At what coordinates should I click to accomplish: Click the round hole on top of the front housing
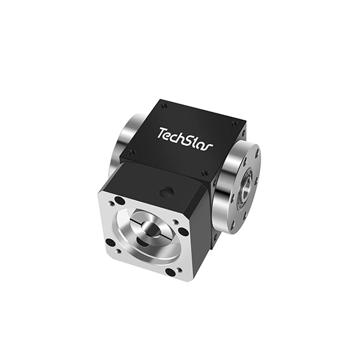coord(168,192)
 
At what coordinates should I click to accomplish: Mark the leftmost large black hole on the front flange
coord(110,242)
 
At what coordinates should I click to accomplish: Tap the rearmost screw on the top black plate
coord(164,106)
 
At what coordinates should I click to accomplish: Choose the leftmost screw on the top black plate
coord(131,152)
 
